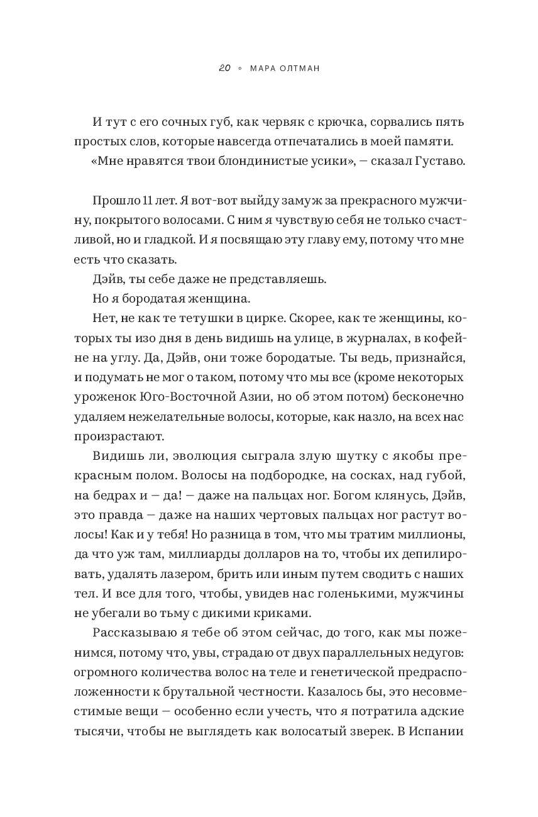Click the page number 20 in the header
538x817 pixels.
pos(225,69)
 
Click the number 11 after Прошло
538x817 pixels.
pos(148,201)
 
